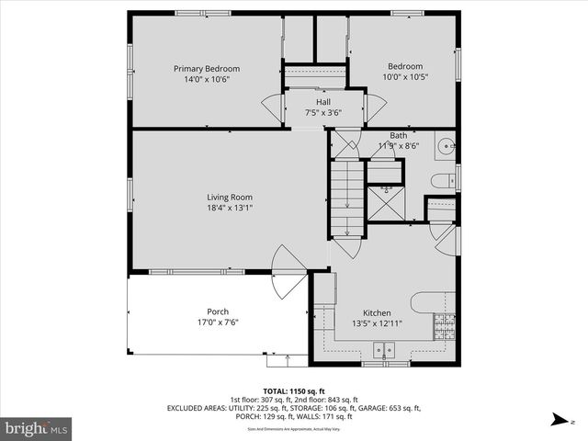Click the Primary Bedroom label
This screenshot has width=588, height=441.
(207, 68)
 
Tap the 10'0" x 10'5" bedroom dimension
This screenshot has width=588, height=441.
(404, 77)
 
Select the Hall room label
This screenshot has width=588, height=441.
(323, 101)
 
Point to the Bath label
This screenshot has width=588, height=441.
(398, 135)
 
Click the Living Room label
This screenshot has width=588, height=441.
(229, 197)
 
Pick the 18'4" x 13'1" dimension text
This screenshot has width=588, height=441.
(229, 208)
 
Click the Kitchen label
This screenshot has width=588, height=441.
(378, 312)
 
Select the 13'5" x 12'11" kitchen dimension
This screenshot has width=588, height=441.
(378, 323)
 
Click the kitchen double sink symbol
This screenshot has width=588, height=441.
(384, 349)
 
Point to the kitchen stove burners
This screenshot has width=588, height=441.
(445, 323)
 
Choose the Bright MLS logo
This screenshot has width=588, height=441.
(37, 428)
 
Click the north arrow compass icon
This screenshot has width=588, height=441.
(560, 420)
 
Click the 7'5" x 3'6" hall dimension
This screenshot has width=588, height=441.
(323, 112)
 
